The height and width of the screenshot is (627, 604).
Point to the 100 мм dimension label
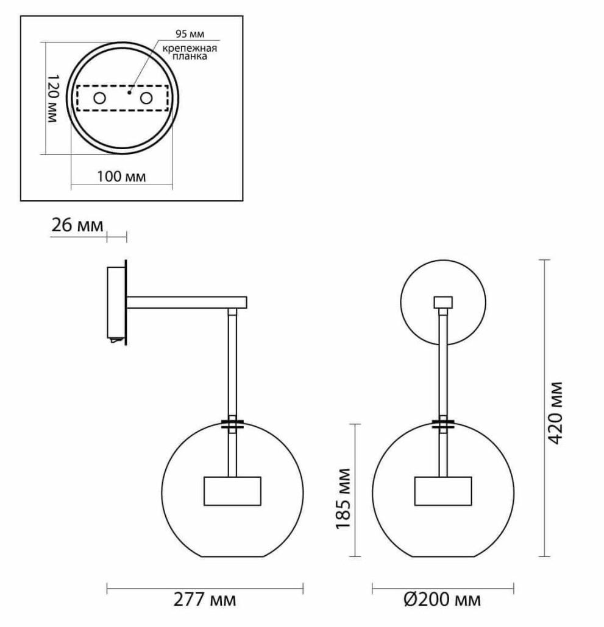[x=121, y=177]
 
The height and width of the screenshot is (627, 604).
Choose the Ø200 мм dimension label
[x=441, y=600]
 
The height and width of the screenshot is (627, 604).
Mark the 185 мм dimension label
[x=344, y=499]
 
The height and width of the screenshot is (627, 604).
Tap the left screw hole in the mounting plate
[x=99, y=98]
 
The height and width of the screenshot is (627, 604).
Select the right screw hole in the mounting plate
[x=146, y=98]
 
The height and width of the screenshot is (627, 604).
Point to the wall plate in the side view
[x=116, y=303]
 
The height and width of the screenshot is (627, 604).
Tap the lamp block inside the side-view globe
[x=232, y=491]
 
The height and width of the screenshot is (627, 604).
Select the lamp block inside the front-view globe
[x=442, y=491]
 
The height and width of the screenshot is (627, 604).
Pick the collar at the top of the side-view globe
[x=232, y=424]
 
